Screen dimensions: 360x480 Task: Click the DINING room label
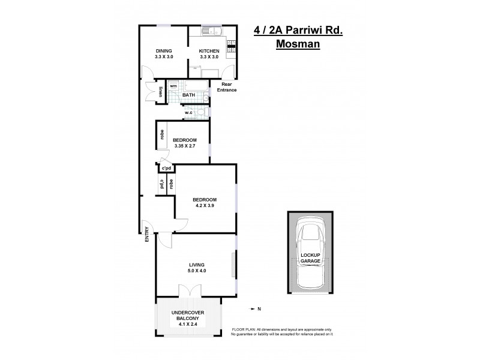(164, 50)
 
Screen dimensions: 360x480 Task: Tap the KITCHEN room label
(211, 50)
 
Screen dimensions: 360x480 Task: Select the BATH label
(188, 95)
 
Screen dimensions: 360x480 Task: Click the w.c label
(188, 112)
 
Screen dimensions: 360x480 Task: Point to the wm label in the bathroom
(173, 86)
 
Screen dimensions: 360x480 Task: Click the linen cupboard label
(161, 92)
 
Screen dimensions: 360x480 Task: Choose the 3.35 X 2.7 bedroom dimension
(185, 146)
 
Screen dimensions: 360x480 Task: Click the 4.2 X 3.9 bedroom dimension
(205, 206)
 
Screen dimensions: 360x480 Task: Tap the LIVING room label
(196, 265)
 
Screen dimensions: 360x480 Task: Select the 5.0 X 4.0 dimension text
(196, 271)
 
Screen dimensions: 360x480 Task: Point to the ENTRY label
(147, 233)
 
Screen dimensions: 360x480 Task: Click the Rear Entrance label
(227, 88)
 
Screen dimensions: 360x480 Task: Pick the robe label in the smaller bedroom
(162, 135)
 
